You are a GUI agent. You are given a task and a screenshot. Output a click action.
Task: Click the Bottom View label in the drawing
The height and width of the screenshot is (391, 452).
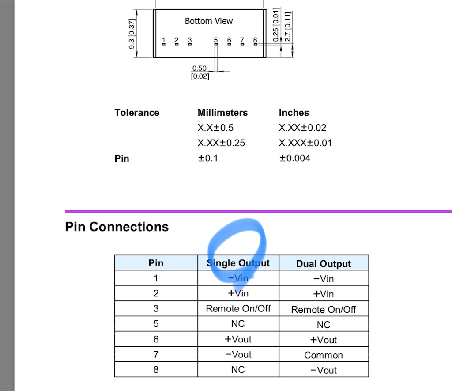[208, 21]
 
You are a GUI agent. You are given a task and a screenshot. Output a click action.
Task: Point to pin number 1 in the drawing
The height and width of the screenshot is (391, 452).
[163, 41]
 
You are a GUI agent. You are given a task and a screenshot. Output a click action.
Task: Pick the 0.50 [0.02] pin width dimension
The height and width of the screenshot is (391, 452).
[200, 72]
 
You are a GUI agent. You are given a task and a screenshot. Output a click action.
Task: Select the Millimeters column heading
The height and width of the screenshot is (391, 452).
[222, 113]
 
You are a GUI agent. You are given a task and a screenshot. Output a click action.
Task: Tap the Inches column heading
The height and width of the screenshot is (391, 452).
[294, 113]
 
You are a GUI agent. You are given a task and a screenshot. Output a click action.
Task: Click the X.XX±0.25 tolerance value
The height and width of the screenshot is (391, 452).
[221, 143]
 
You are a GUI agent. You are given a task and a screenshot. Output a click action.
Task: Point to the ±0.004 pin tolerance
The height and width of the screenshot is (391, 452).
[294, 158]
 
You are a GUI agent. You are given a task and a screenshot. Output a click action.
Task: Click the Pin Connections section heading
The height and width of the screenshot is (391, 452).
[117, 227]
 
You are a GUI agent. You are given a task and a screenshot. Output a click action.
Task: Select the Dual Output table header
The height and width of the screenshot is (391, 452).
[323, 264]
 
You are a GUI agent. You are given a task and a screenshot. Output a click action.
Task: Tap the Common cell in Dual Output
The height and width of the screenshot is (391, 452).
[323, 355]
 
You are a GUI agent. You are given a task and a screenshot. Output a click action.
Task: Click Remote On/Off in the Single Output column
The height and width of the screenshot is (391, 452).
[238, 309]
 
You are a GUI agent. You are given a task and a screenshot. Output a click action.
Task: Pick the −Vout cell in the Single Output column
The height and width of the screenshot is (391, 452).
[238, 354]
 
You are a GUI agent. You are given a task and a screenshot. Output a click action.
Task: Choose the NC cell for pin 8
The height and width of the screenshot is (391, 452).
[238, 370]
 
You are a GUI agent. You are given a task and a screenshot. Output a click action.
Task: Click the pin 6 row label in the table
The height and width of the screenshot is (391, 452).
[156, 339]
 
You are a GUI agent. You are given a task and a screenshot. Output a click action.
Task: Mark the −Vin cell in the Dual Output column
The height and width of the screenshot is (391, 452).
[323, 279]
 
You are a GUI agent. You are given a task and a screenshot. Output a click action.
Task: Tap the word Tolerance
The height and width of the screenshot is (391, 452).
[136, 113]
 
